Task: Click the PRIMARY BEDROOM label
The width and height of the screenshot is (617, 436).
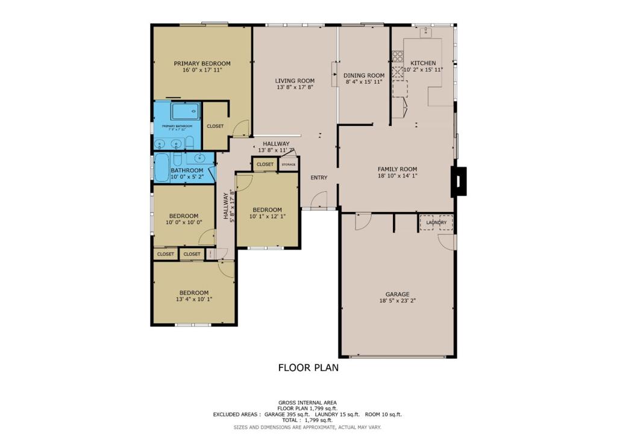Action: tap(202, 63)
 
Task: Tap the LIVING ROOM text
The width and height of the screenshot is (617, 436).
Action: tap(295, 81)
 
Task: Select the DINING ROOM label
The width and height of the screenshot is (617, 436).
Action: tap(364, 75)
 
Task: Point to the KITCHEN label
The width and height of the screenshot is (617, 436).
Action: tap(423, 63)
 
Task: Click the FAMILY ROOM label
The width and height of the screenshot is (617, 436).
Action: tap(397, 169)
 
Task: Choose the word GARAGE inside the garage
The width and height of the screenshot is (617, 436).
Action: tap(398, 294)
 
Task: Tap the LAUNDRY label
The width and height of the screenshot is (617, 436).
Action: tap(436, 223)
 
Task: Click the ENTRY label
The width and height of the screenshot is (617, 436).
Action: tap(319, 178)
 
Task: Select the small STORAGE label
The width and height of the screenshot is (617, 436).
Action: tap(289, 164)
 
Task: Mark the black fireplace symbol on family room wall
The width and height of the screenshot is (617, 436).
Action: tap(459, 181)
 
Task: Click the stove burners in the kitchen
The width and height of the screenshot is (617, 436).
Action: tap(398, 57)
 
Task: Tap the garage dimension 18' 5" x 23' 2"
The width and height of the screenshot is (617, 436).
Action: tap(398, 301)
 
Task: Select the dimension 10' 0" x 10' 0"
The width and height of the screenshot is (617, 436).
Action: tap(183, 222)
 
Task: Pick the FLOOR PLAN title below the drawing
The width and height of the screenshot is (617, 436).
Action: tap(308, 367)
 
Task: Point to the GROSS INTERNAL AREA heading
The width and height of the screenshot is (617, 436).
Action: tap(307, 402)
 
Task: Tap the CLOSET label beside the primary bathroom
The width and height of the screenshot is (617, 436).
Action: tap(215, 126)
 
